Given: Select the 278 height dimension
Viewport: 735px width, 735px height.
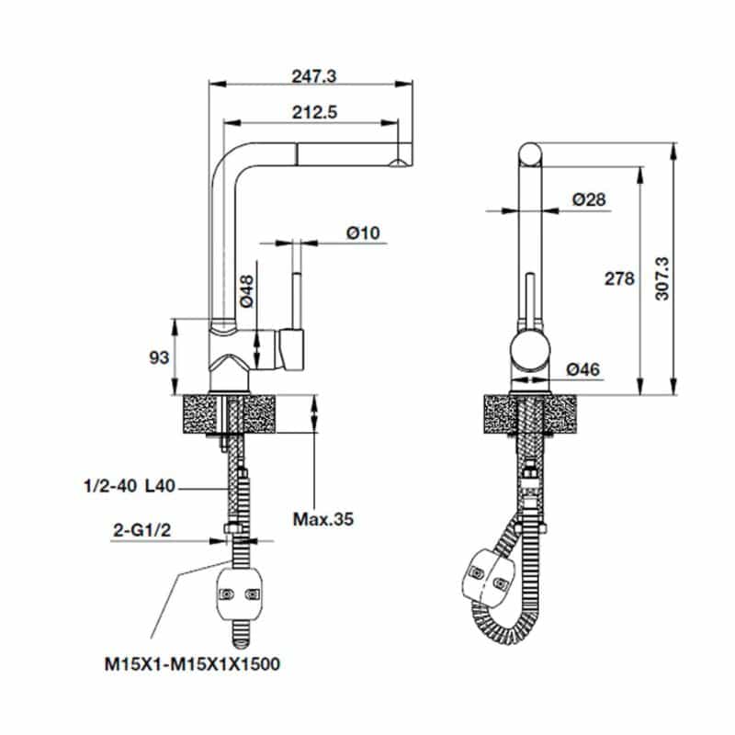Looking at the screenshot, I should (621, 279).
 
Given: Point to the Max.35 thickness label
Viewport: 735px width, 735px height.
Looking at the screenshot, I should (322, 520).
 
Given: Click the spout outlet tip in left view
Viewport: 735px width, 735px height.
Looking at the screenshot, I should (398, 164).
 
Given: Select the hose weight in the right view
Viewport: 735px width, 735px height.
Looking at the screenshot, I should (487, 576).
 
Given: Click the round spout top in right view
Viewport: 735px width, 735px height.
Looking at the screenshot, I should (531, 153).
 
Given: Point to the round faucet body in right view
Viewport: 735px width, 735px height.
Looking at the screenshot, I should (531, 351).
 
